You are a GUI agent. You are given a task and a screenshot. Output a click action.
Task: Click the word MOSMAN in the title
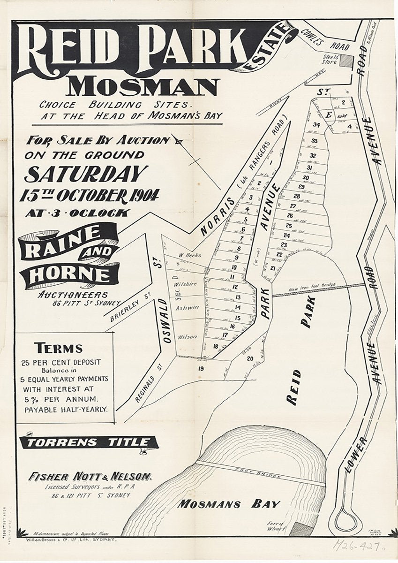[143, 86]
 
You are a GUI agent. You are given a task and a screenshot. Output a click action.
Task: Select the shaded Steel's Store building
[346, 61]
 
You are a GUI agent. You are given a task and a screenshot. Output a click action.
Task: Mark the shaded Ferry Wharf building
[300, 529]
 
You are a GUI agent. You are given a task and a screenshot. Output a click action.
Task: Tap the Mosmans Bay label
[229, 504]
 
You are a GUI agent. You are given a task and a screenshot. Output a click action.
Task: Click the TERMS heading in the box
[58, 348]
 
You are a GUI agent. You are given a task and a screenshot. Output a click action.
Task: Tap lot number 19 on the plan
[201, 369]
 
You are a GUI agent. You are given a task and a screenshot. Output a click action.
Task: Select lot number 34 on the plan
[317, 125]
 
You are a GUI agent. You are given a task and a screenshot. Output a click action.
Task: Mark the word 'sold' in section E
[342, 114]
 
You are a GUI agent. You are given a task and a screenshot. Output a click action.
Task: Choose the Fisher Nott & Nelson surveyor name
[90, 477]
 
